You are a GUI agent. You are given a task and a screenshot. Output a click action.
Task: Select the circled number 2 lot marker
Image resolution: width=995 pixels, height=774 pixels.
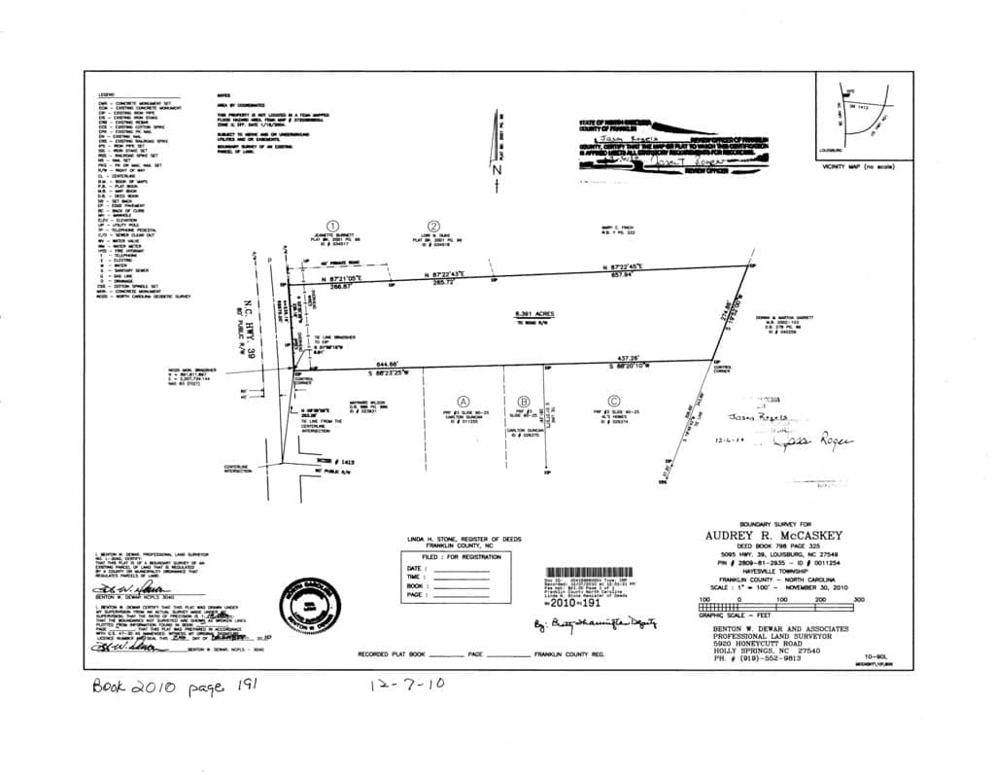(x=434, y=226)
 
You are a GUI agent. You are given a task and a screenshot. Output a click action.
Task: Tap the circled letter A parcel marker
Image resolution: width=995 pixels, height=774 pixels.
(x=463, y=401)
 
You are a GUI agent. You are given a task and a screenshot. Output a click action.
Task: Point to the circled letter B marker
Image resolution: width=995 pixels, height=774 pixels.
(x=524, y=401)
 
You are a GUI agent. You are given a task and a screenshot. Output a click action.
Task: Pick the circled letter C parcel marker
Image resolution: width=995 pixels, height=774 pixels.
(x=613, y=401)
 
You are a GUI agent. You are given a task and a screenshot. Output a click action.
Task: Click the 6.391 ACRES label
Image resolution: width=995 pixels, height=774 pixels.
(x=532, y=314)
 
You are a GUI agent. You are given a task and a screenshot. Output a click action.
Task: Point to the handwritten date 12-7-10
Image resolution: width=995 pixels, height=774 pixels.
(x=407, y=684)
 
